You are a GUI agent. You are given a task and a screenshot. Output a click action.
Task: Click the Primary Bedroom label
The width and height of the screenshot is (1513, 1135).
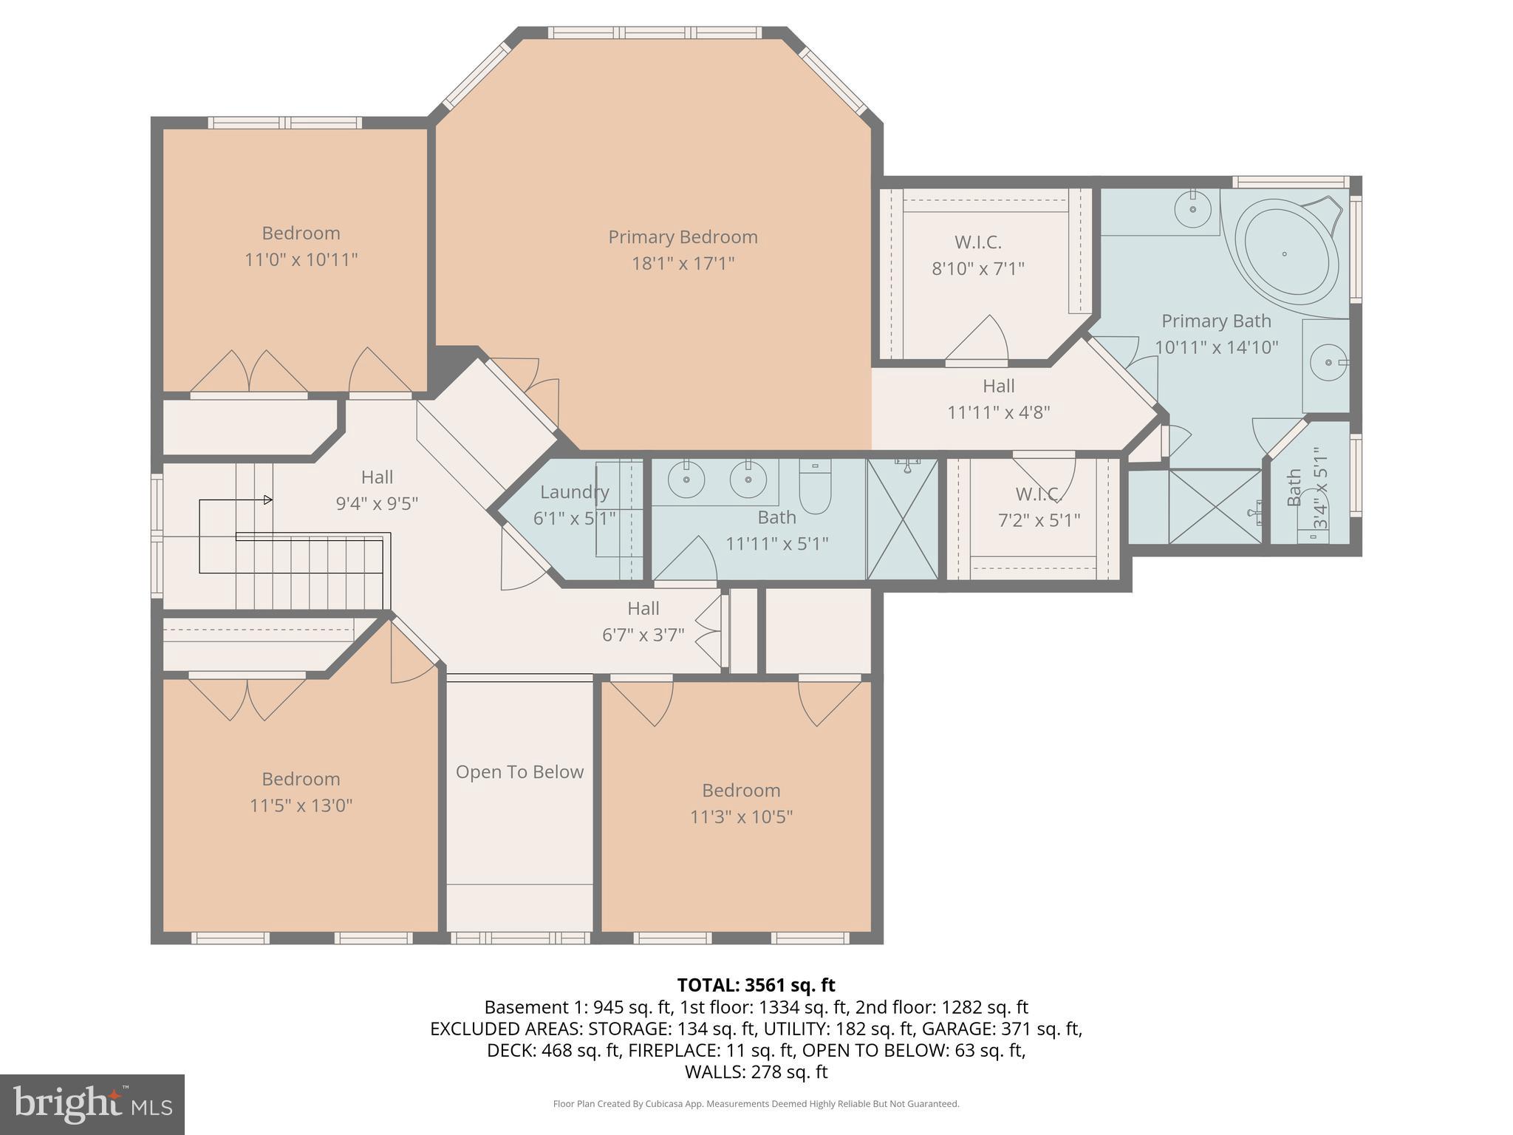(x=683, y=237)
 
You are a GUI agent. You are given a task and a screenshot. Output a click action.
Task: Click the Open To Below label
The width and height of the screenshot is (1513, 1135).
(x=519, y=772)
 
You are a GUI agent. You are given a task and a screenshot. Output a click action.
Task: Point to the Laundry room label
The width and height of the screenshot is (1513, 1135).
(x=574, y=492)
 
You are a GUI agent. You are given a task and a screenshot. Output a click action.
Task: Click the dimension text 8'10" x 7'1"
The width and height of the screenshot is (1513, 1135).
(x=977, y=268)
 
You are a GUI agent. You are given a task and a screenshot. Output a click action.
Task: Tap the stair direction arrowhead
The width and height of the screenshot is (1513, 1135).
(x=268, y=500)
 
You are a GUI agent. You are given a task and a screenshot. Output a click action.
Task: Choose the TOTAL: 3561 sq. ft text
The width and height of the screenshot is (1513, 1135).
(x=756, y=985)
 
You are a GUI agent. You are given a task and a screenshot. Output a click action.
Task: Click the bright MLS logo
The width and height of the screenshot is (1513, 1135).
(x=92, y=1104)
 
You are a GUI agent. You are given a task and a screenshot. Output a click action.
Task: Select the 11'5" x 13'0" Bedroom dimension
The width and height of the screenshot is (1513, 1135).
(x=301, y=805)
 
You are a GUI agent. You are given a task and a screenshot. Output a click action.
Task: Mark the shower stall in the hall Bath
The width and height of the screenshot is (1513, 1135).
(x=902, y=519)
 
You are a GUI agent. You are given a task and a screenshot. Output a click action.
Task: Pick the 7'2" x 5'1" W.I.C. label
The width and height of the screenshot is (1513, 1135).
(x=1038, y=494)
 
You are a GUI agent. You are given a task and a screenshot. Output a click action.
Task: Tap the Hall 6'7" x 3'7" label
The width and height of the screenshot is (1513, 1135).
(x=643, y=608)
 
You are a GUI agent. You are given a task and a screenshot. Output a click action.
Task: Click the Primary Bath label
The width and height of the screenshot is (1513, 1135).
(x=1215, y=321)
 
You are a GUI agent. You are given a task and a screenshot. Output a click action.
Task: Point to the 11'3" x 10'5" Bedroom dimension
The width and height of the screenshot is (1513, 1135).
(x=741, y=817)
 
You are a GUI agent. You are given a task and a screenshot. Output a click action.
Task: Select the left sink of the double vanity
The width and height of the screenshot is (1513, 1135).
(x=686, y=480)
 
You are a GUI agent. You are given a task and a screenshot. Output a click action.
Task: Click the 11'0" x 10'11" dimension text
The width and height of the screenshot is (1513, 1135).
(x=301, y=260)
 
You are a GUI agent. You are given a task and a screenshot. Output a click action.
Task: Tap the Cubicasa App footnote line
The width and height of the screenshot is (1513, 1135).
(x=756, y=1104)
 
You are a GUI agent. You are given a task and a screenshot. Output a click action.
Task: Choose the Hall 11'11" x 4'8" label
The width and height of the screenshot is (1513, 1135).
(x=998, y=386)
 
